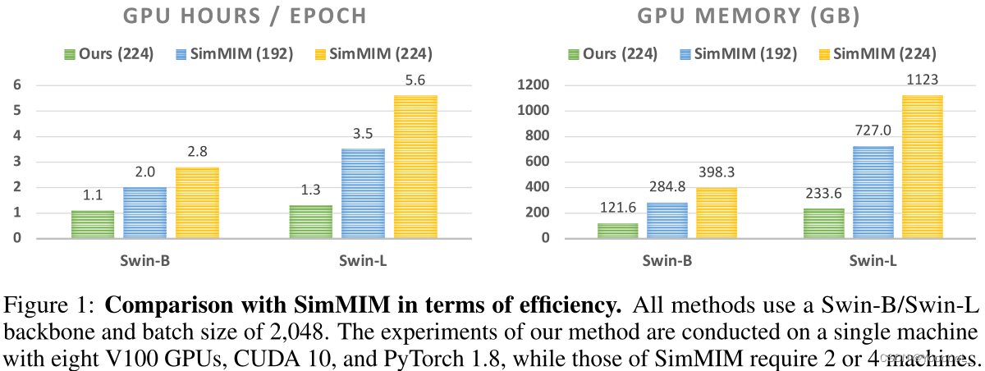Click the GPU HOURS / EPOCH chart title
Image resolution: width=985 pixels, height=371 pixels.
point(244,16)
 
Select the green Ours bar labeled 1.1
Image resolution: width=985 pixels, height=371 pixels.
point(93,224)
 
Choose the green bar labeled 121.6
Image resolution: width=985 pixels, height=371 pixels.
point(618,231)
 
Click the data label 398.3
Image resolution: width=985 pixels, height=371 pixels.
point(717,174)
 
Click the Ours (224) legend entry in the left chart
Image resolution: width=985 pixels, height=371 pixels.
point(112,55)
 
